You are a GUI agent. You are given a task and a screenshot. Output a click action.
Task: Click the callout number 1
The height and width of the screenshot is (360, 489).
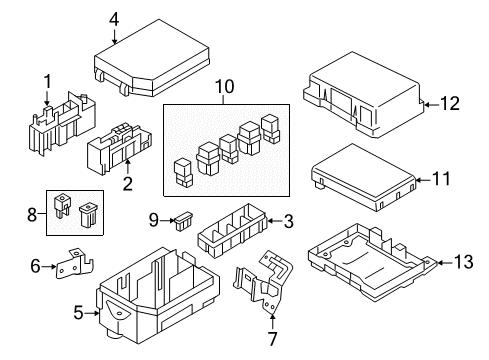click(x=46, y=82)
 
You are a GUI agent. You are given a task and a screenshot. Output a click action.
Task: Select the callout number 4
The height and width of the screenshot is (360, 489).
click(x=114, y=17)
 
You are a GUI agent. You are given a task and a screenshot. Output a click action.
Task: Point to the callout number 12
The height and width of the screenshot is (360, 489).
click(x=453, y=103)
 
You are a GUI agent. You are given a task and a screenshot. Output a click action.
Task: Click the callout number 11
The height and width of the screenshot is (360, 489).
click(x=441, y=179)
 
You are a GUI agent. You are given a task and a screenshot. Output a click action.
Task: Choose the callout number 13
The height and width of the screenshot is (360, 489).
click(x=461, y=262)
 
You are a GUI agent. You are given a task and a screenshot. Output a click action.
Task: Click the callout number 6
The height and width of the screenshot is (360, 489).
click(x=36, y=265)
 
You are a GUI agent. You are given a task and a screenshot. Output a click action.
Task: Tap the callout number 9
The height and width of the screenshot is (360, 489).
click(x=154, y=219)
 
